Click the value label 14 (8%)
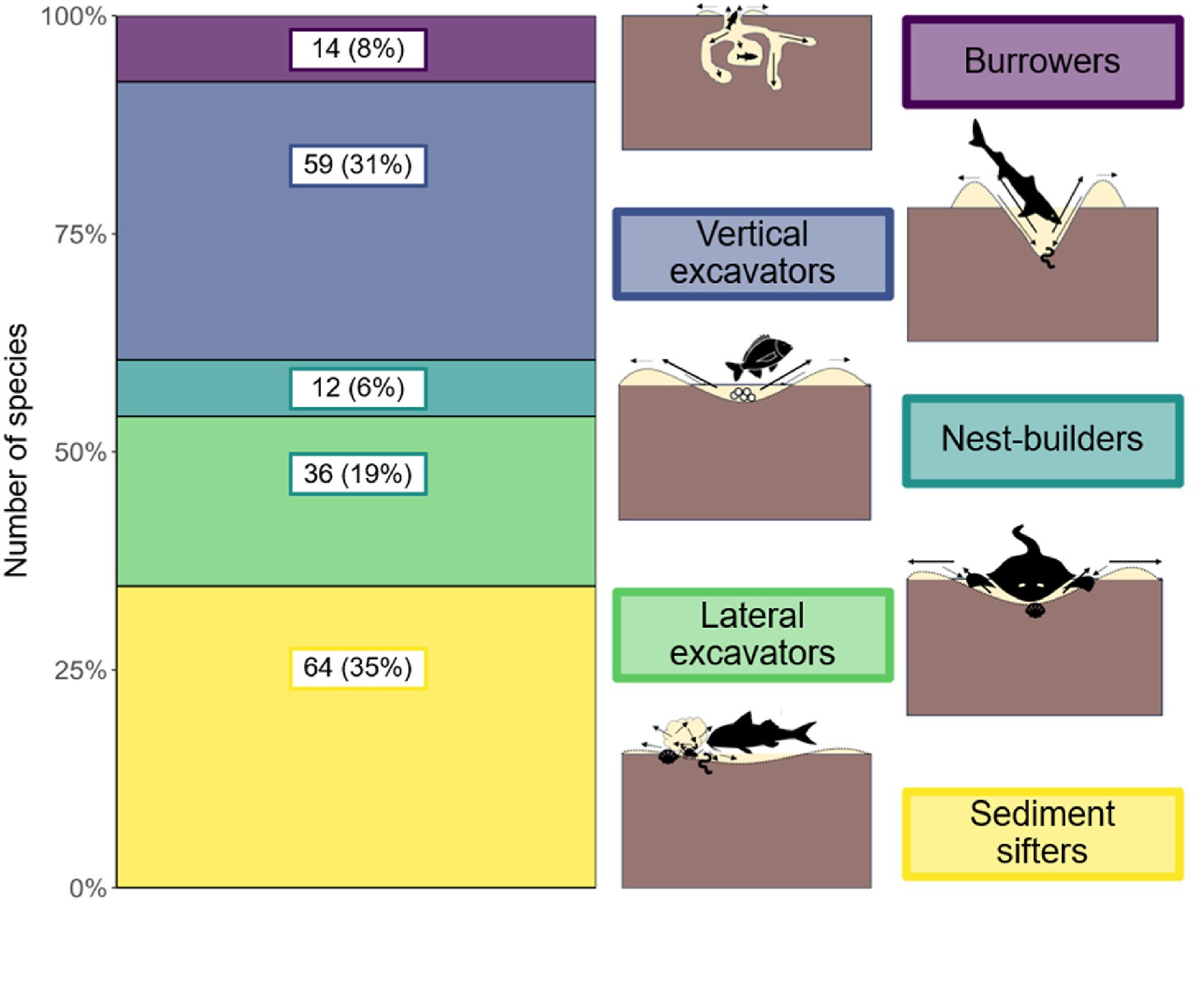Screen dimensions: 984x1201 (358, 49)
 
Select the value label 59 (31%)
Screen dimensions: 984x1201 (358, 165)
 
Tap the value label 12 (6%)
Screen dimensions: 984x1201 (358, 388)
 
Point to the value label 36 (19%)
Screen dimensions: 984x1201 (358, 474)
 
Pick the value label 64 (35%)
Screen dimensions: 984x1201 (358, 668)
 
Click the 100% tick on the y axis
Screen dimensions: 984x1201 (74, 16)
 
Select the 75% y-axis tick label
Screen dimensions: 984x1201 (80, 235)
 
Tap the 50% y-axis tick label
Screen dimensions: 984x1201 (80, 452)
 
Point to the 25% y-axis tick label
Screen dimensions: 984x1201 (80, 670)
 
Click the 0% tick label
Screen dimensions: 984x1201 (87, 888)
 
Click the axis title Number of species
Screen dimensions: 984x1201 (16, 450)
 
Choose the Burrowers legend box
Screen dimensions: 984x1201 (1041, 62)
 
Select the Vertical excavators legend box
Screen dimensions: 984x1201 (753, 254)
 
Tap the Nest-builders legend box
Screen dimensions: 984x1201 (1041, 440)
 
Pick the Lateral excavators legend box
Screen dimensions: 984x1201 (753, 635)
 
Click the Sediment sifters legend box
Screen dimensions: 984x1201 (1041, 834)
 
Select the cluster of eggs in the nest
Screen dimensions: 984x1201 (742, 395)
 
